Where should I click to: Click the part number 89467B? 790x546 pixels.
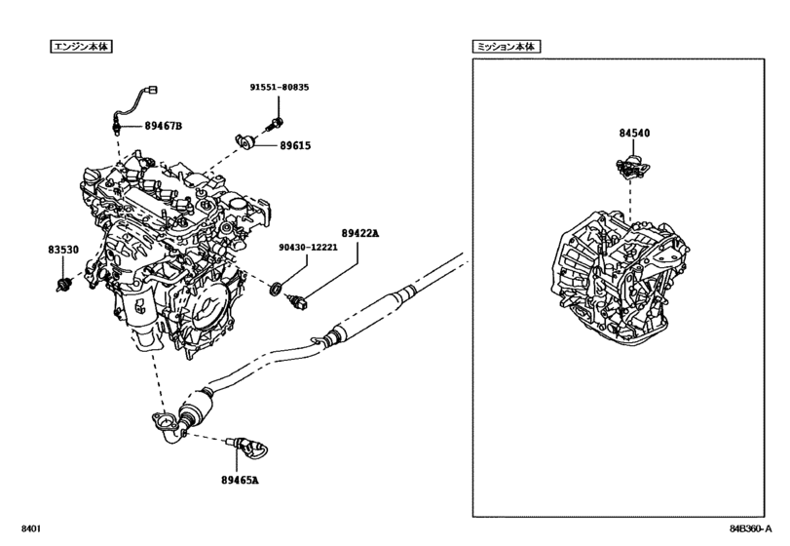(164, 126)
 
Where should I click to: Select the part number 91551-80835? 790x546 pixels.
(280, 87)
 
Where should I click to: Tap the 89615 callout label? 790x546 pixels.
(295, 145)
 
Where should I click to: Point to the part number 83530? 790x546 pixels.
(63, 250)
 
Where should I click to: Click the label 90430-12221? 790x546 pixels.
(309, 248)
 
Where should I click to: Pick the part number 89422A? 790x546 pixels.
(359, 233)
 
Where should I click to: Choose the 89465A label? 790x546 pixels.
(240, 480)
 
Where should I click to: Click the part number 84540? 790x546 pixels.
(634, 134)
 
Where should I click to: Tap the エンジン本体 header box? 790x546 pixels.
(81, 47)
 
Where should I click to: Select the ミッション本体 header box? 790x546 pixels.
(507, 47)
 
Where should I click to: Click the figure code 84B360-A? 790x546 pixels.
(751, 528)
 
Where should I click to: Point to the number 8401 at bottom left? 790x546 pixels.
(31, 528)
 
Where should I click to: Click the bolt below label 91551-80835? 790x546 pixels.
(275, 124)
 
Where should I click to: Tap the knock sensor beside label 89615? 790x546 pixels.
(246, 141)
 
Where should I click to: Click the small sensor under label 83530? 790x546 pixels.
(63, 285)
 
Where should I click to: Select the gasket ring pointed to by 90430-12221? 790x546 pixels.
(276, 290)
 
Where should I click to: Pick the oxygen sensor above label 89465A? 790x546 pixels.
(246, 447)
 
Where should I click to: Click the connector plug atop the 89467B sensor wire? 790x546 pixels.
(150, 91)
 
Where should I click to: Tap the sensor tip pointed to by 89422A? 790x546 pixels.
(297, 302)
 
